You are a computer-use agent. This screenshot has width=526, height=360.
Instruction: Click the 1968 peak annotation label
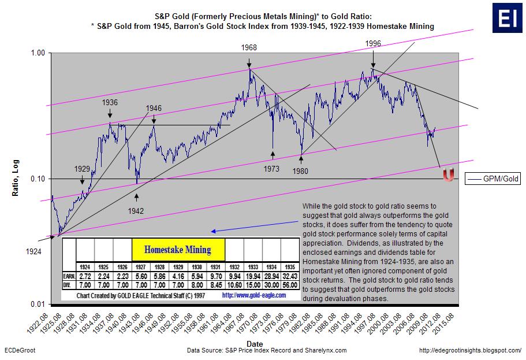tap(250, 47)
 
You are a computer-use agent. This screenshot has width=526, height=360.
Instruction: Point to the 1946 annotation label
tap(154, 108)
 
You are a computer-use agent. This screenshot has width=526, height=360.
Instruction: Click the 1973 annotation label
tap(272, 169)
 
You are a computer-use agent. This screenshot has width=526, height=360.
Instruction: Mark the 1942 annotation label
tap(136, 211)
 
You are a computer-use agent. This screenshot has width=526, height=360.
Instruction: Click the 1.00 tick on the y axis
tap(36, 53)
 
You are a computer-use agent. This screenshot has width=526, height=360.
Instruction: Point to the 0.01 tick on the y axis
tap(36, 305)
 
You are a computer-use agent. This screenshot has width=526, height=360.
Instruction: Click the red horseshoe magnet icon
tap(447, 175)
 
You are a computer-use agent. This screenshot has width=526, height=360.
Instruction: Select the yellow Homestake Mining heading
tap(177, 250)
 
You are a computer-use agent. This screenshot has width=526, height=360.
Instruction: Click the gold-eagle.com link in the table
tap(253, 295)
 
